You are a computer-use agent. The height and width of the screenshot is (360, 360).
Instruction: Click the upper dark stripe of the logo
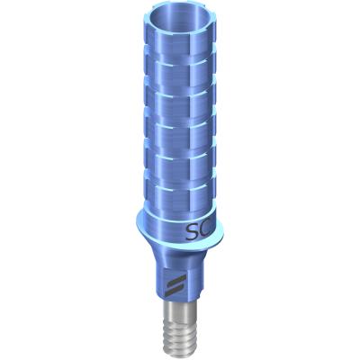tap(175, 281)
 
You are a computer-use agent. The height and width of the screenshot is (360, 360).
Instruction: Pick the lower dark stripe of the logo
tap(175, 290)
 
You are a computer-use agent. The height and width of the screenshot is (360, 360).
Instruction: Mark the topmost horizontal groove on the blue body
tap(180, 60)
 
